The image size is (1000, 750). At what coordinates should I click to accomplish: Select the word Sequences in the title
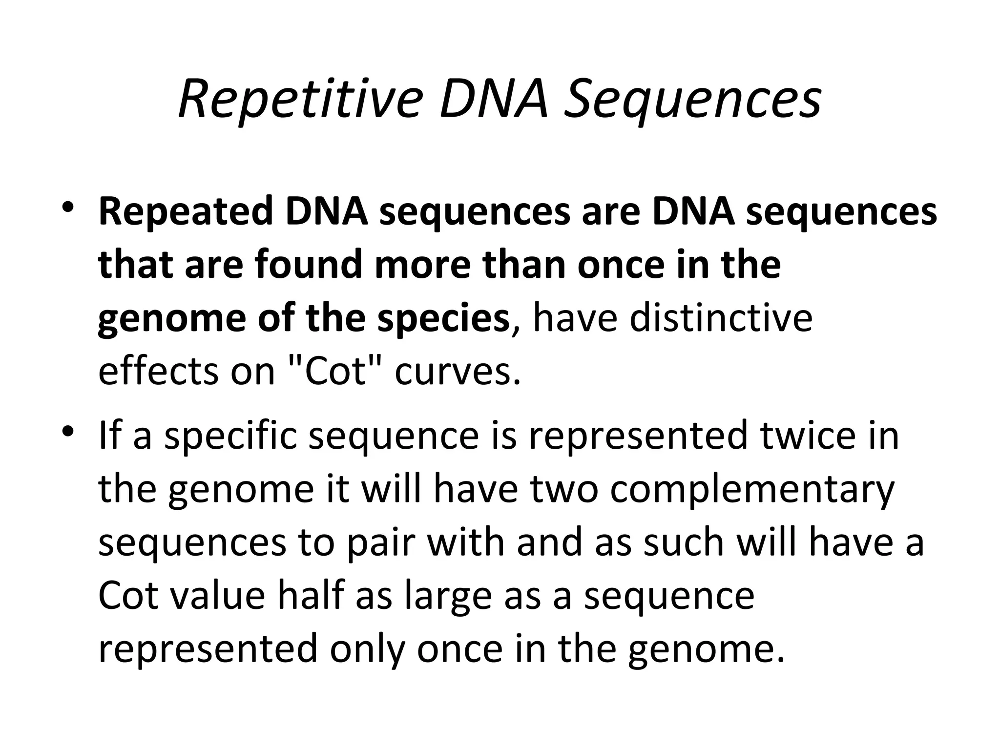[x=693, y=101]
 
